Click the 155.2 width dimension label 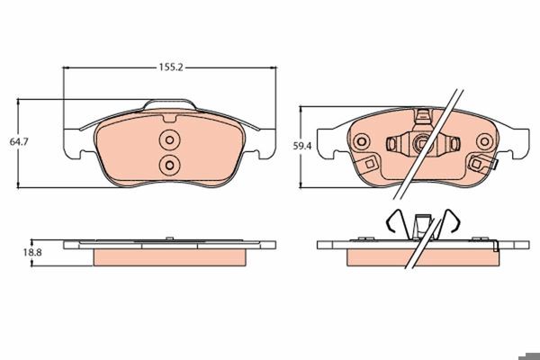click(170, 67)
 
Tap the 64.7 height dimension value click(19, 141)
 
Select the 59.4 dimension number click(302, 146)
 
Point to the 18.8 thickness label click(32, 252)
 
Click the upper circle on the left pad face click(169, 139)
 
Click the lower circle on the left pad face click(169, 166)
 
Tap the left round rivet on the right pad click(361, 141)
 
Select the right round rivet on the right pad click(484, 141)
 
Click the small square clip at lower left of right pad click(370, 164)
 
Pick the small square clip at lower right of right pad click(477, 164)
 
